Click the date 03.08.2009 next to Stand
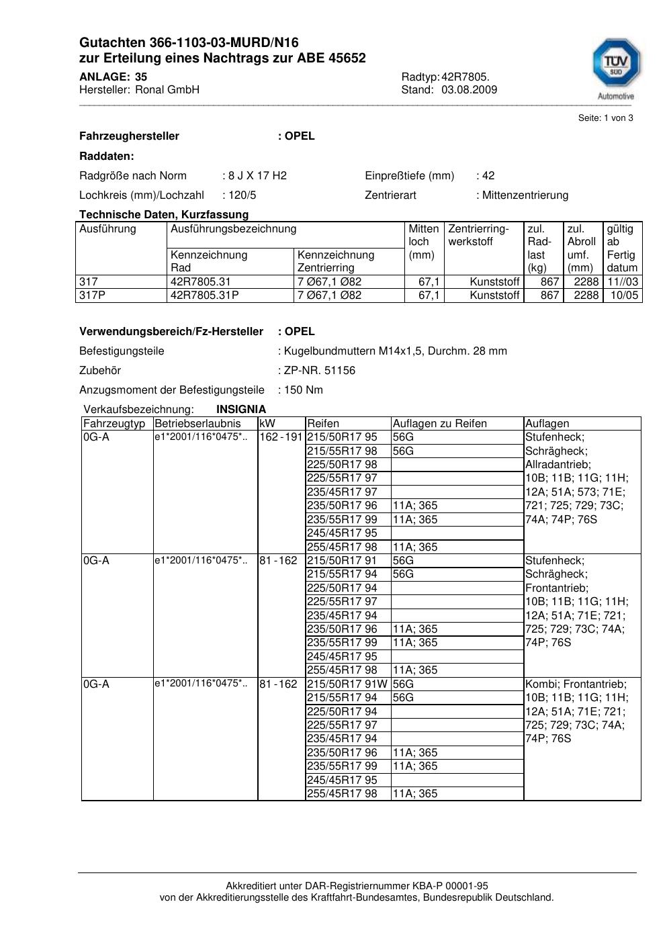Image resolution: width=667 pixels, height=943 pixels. coord(469,89)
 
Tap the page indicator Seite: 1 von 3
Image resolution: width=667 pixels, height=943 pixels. coord(605,118)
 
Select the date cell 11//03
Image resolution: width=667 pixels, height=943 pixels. coord(623,282)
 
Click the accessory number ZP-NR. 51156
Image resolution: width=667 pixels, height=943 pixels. coord(320,371)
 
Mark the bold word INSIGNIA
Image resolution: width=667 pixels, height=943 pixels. coord(241,409)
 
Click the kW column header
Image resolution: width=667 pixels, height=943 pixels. coord(267,424)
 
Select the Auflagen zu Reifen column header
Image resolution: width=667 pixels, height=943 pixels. coord(440,424)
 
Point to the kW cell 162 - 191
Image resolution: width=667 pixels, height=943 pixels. coord(281,437)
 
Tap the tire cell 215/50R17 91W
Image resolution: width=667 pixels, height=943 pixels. coord(347,684)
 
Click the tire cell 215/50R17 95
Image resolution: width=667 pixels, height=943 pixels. coord(343,437)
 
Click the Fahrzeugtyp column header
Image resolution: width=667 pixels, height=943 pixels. coord(114,424)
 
